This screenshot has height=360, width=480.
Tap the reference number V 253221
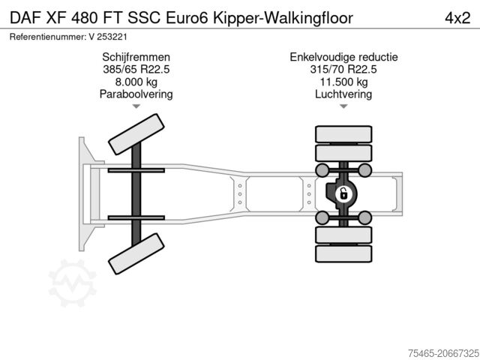point(103,36)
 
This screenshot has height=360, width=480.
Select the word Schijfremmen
point(136,57)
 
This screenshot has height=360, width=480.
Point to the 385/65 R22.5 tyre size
point(136,70)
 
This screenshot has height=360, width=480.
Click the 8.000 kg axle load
point(136,82)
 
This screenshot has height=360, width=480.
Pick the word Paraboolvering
point(136,94)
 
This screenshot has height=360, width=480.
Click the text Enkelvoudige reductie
point(343,57)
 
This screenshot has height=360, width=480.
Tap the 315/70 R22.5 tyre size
point(343,70)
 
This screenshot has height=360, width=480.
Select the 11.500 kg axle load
point(343,82)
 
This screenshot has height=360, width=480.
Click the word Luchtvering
point(343,94)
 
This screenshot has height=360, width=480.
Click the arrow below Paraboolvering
point(136,107)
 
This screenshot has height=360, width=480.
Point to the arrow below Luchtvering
point(343,107)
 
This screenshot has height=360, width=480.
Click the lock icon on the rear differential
point(343,195)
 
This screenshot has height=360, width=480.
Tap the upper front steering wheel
point(136,134)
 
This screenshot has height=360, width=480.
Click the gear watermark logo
point(73,283)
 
